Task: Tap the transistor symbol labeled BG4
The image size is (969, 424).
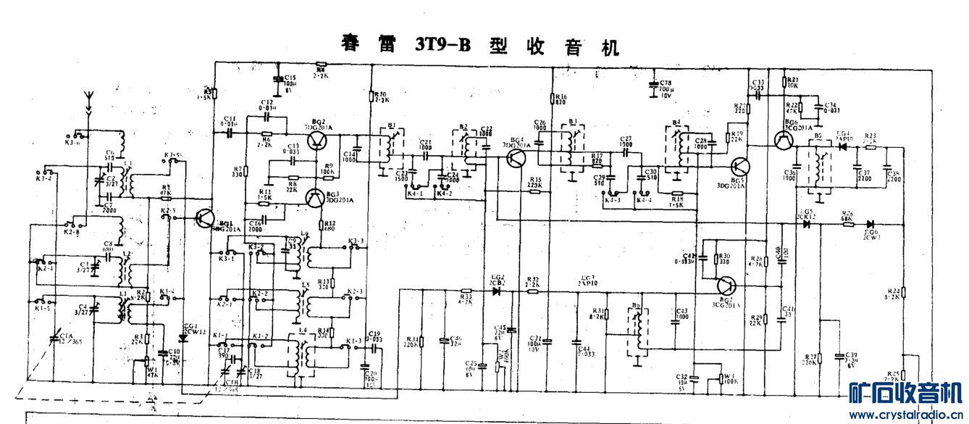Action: pos(516,159)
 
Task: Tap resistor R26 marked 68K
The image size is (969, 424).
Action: pos(845,224)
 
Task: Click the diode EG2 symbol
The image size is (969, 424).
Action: pos(497,291)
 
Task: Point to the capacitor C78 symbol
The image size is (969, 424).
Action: pos(654,86)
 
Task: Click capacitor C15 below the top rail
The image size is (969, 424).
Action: pos(278,78)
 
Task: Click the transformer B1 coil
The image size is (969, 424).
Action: pos(388,149)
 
